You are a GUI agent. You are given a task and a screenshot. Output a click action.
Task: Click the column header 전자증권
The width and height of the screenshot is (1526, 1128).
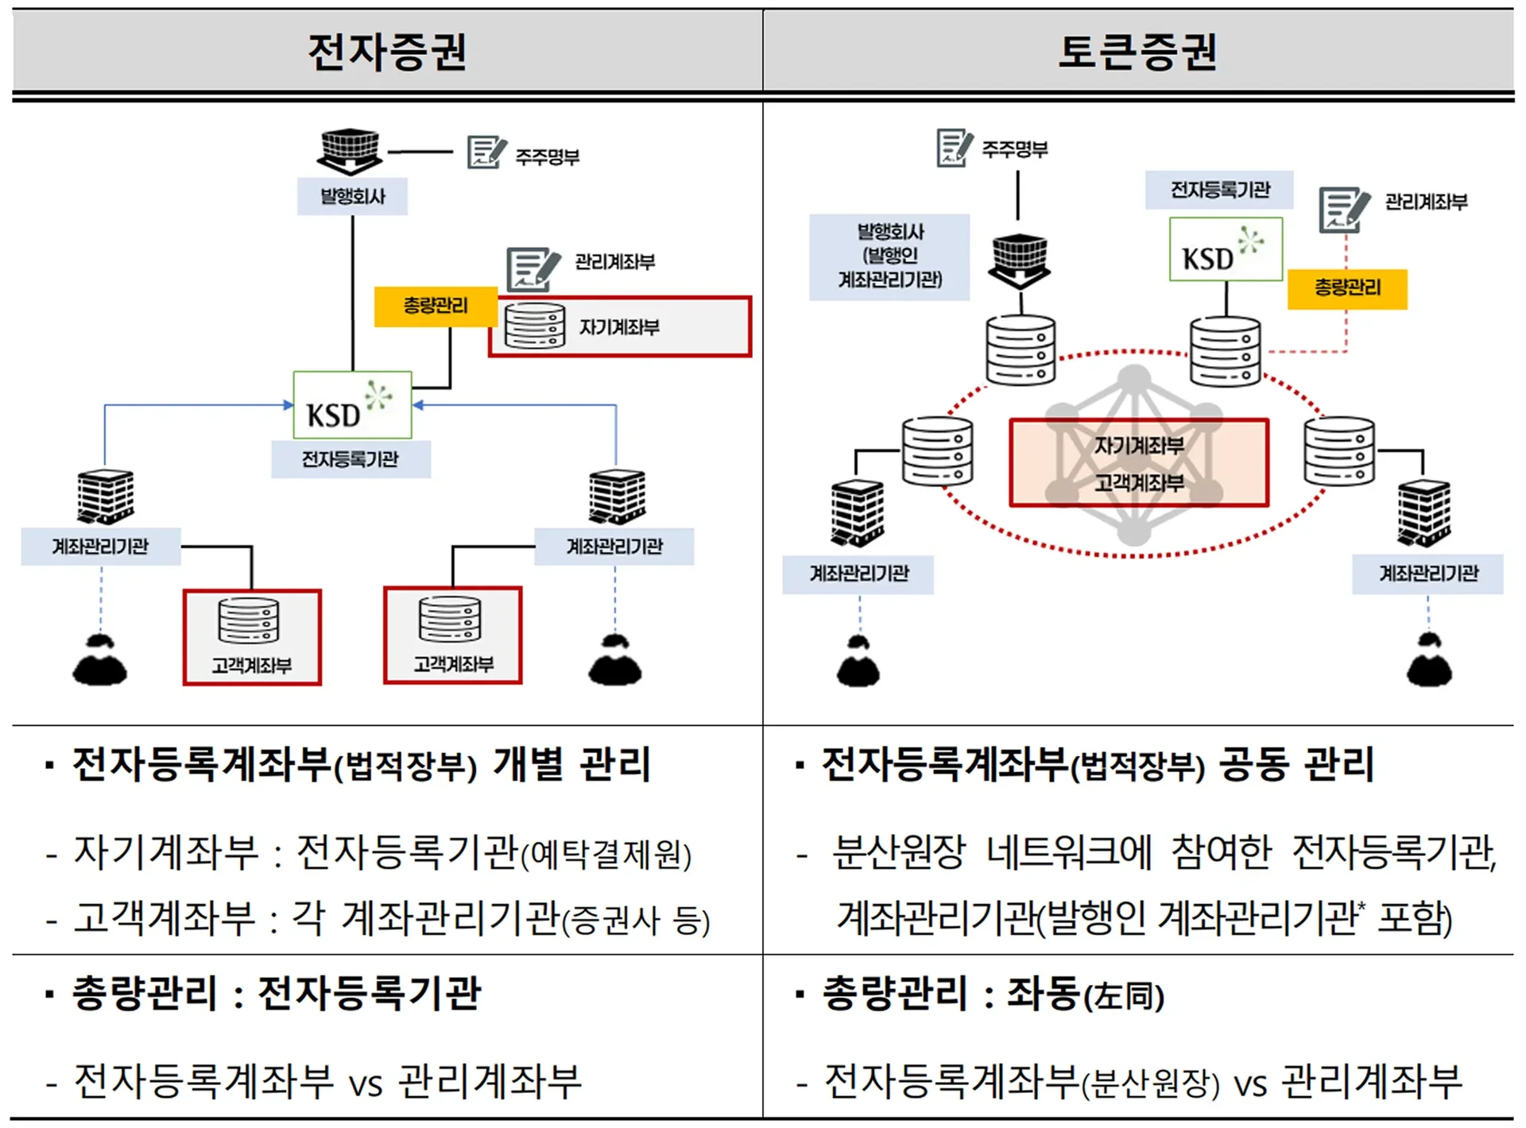tap(387, 52)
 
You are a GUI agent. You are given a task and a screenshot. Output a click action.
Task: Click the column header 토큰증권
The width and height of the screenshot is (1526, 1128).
tap(1137, 52)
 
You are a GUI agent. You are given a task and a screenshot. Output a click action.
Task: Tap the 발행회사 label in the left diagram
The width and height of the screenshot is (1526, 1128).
tap(352, 196)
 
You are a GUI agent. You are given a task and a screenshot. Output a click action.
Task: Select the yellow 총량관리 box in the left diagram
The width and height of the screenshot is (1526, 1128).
tap(435, 306)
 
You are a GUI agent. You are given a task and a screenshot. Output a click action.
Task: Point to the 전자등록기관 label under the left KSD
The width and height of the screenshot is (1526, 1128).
tap(351, 459)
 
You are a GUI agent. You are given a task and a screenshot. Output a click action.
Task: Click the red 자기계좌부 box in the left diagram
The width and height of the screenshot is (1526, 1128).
tap(620, 326)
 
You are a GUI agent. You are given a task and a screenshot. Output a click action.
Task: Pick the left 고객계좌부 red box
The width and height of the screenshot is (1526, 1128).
tap(252, 636)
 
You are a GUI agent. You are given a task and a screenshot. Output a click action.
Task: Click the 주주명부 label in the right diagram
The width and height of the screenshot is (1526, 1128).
tap(1015, 149)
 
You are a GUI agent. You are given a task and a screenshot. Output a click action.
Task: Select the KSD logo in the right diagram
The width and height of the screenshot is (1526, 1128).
tap(1226, 249)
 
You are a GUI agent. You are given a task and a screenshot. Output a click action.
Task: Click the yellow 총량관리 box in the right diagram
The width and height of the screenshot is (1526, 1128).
tap(1347, 288)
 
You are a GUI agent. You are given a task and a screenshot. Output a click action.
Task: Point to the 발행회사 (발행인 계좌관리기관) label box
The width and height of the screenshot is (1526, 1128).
tap(889, 257)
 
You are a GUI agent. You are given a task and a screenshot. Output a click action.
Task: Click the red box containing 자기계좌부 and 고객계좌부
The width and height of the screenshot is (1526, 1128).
tap(1138, 462)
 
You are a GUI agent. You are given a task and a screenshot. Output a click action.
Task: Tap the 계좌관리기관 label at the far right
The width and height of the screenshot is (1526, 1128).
tap(1428, 574)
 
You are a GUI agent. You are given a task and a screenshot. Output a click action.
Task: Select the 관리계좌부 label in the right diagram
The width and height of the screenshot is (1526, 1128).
tap(1426, 202)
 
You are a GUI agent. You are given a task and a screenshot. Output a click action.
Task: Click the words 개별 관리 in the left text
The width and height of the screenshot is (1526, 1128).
tap(571, 765)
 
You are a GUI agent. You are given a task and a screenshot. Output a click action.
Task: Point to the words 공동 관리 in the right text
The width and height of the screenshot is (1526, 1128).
tap(1296, 765)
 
